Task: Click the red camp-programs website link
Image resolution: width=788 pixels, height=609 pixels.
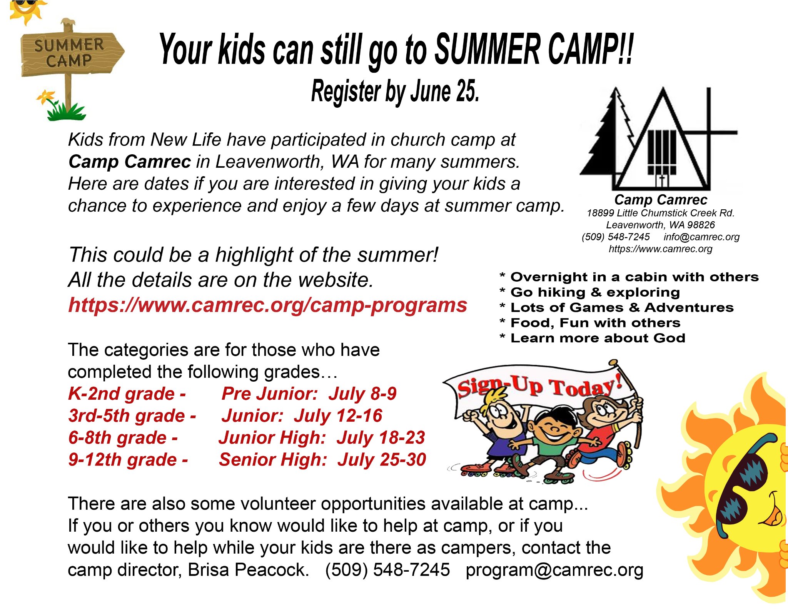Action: (x=267, y=305)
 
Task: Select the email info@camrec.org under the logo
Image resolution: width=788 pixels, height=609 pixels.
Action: (x=701, y=237)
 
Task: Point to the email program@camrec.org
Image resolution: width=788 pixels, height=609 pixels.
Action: (x=554, y=570)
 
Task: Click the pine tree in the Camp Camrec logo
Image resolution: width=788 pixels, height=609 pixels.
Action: (x=608, y=138)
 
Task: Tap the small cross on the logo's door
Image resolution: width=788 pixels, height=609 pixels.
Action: (x=662, y=179)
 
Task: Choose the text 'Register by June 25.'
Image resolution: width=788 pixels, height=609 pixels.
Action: (x=395, y=92)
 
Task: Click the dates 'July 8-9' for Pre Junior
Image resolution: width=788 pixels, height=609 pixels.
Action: (x=362, y=394)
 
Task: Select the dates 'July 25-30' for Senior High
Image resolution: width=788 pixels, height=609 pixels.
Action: (x=382, y=460)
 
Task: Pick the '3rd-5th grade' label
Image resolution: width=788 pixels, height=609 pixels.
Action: (x=127, y=416)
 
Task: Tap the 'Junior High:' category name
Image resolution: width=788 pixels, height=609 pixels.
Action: (x=272, y=438)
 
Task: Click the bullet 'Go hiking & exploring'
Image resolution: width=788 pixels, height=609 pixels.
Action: (x=595, y=292)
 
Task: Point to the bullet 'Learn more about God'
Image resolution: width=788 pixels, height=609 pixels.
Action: (x=598, y=338)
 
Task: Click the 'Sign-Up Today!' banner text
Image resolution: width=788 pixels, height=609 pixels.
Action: (x=539, y=386)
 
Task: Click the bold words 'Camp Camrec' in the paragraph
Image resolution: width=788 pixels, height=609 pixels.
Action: (x=130, y=162)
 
